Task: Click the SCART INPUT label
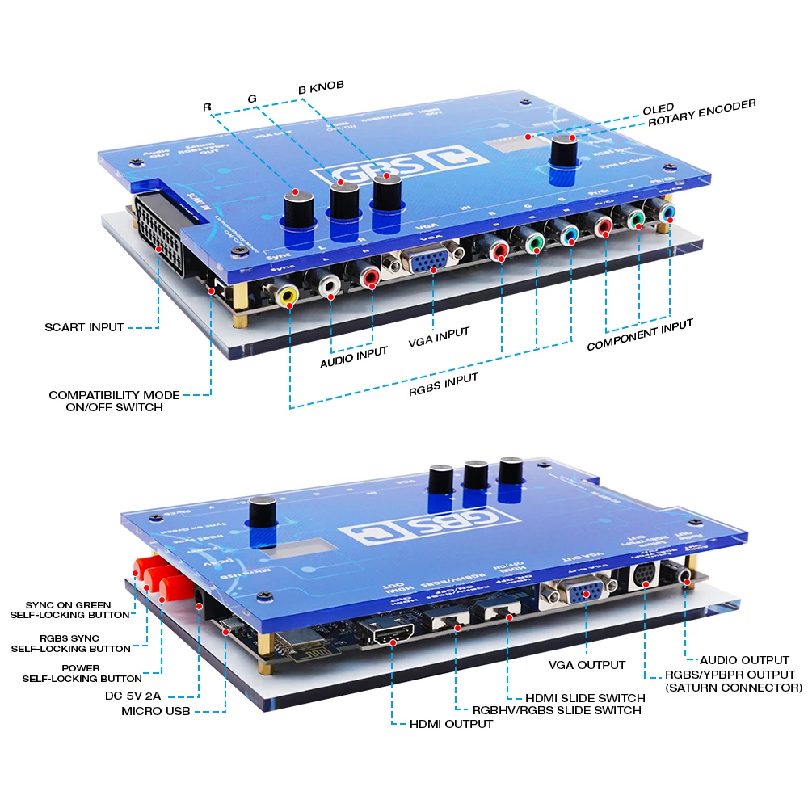pos(84,327)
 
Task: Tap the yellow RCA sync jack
pos(287,296)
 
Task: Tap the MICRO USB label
pos(157,711)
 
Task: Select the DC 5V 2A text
pos(133,694)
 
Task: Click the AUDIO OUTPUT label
pos(744,660)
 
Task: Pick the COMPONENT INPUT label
pos(640,335)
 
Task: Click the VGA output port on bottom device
pos(579,594)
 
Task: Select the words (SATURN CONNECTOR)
pos(733,688)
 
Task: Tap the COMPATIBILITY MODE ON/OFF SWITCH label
pos(114,401)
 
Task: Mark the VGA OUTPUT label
pos(586,664)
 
